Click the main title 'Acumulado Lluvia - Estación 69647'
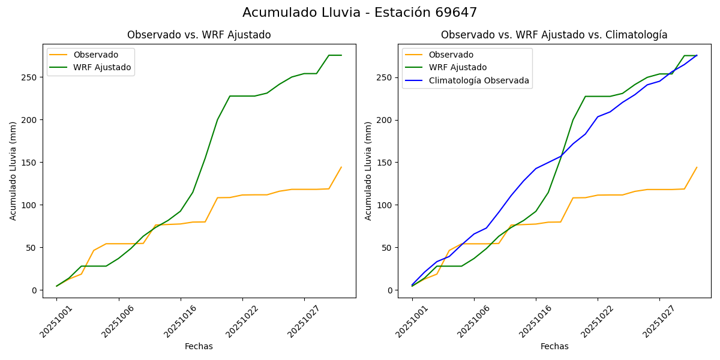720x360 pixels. point(360,13)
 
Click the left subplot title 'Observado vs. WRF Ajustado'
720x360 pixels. point(199,35)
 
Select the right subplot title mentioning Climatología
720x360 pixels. point(554,35)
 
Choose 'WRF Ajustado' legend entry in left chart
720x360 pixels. point(102,67)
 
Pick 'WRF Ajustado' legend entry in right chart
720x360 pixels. point(457,67)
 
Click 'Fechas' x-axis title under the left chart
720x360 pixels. point(199,346)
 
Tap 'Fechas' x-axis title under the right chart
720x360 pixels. point(554,346)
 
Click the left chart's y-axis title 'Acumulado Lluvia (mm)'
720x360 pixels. point(13,171)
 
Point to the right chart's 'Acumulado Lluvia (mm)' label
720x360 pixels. point(369,171)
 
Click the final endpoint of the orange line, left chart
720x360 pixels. point(341,167)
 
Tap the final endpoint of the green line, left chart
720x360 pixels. point(341,55)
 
